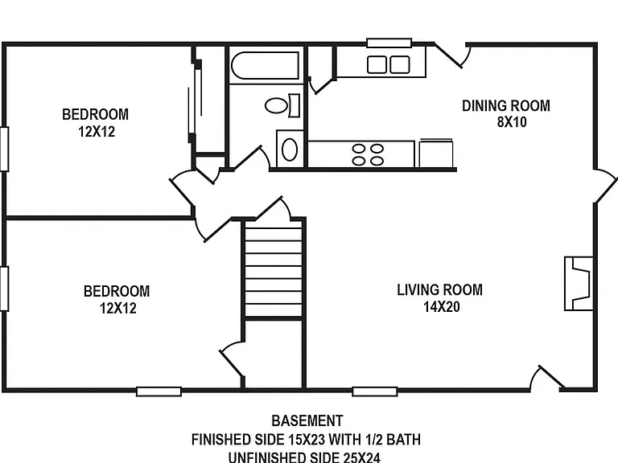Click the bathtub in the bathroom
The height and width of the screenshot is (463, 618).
pos(265,65)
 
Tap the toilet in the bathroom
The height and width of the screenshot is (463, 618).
pos(282,105)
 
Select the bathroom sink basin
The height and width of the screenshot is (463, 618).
pos(290,150)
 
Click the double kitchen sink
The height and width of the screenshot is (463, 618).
pos(388,64)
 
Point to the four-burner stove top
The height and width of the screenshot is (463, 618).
pos(368,154)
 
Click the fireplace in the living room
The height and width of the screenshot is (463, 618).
pos(579,284)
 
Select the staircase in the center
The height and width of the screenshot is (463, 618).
pos(274,268)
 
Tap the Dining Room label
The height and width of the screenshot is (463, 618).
pos(506,105)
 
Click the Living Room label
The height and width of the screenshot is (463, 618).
pos(440,289)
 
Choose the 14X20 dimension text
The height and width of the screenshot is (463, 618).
pos(442,307)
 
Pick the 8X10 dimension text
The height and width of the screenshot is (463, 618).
pos(512,122)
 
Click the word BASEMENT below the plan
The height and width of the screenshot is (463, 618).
pos(307,421)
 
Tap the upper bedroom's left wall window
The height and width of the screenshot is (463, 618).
pos(4,149)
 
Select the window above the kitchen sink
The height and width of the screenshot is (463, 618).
pos(389,43)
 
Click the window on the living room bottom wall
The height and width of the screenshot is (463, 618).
pos(375,391)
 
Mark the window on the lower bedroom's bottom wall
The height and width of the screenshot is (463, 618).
pos(159,391)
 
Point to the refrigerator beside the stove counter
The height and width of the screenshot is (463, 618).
pos(435,154)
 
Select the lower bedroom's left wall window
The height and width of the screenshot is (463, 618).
pos(4,289)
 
